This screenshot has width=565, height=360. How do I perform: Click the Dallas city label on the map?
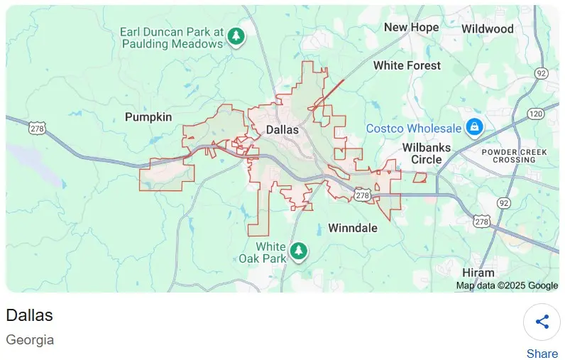coord(282,130)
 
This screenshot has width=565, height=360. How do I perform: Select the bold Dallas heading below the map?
coord(29,315)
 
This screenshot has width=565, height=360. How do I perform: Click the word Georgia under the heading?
coord(30,339)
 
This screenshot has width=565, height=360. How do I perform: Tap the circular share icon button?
coord(542,322)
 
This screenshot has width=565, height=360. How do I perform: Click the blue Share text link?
coord(542,354)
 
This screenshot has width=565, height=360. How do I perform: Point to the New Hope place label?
coord(411,27)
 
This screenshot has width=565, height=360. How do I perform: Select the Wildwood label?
coord(487,29)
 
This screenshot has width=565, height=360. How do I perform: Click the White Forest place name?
coord(407,65)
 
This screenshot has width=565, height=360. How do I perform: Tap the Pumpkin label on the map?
coord(148,117)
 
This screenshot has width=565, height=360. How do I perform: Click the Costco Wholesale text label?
coord(414,129)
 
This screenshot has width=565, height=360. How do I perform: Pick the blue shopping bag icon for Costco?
coord(474,128)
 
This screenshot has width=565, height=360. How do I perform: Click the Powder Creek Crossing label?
coord(508,156)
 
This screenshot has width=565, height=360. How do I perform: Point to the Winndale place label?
coord(353,228)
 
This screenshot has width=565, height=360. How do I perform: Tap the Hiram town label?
coord(478,273)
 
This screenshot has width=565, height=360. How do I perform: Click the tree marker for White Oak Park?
coord(300,250)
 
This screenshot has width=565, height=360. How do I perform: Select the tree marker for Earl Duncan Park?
coord(236,36)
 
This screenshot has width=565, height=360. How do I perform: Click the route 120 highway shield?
coord(536,114)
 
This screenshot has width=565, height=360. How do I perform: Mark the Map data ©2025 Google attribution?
coord(507,285)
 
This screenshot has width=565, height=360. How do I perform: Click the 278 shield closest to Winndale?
coord(362,195)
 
